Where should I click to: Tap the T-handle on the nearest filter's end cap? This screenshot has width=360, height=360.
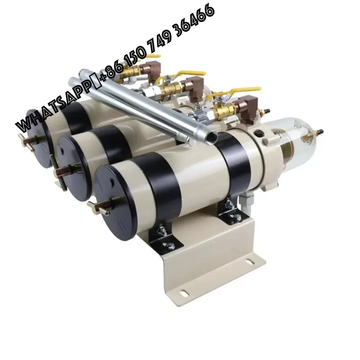96,207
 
